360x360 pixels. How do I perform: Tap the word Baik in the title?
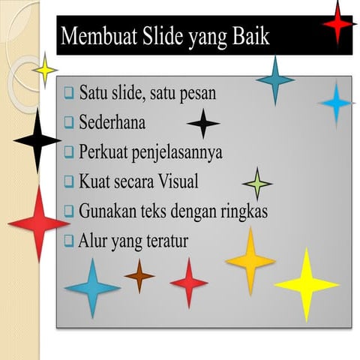(250, 37)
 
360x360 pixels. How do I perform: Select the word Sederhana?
(112, 121)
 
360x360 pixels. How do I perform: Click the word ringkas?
(242, 211)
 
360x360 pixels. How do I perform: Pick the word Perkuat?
(103, 151)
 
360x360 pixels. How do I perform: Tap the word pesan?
(196, 94)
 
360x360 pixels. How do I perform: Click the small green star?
(257, 183)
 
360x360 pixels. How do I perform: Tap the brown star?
(139, 276)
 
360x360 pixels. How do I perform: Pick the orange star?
(250, 259)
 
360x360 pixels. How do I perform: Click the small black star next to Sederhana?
(202, 123)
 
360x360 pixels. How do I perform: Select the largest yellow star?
(306, 284)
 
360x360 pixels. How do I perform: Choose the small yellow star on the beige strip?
(45, 70)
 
